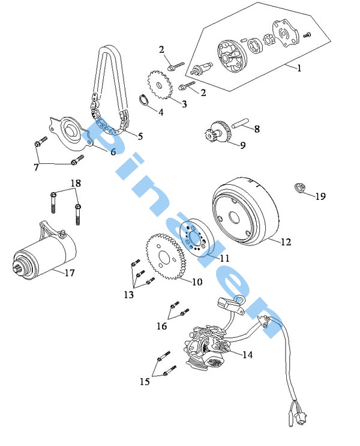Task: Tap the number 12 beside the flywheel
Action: click(x=286, y=242)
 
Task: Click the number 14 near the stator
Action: click(x=247, y=354)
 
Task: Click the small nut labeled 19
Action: click(x=301, y=187)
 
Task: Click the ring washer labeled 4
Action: click(x=145, y=99)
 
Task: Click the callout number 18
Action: click(x=76, y=182)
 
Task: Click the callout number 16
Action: click(x=162, y=326)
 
